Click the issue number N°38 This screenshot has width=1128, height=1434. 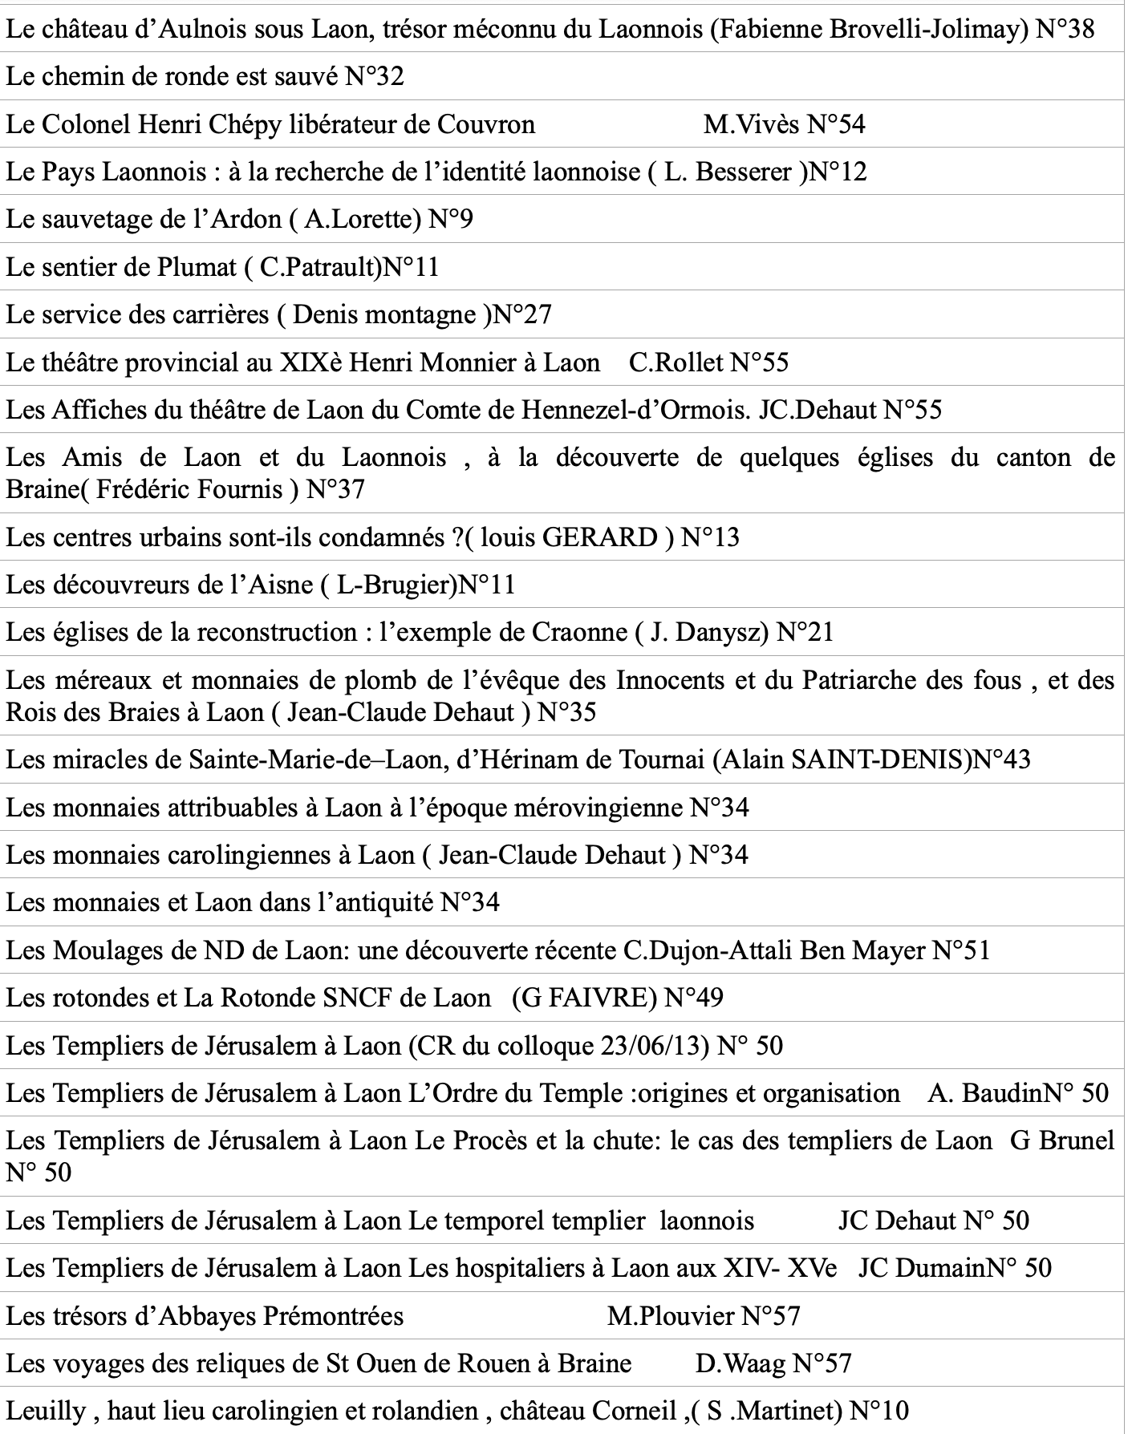(x=1065, y=30)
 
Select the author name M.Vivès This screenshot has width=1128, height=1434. (x=752, y=124)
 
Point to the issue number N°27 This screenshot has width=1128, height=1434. (x=521, y=314)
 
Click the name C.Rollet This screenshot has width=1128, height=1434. (x=676, y=363)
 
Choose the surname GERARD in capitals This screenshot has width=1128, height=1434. (x=600, y=537)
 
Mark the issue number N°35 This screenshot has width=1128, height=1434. (x=566, y=712)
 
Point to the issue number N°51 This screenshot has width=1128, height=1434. (x=961, y=950)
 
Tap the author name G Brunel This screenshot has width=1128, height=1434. (x=1062, y=1141)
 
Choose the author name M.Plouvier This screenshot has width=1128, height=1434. (x=671, y=1316)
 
